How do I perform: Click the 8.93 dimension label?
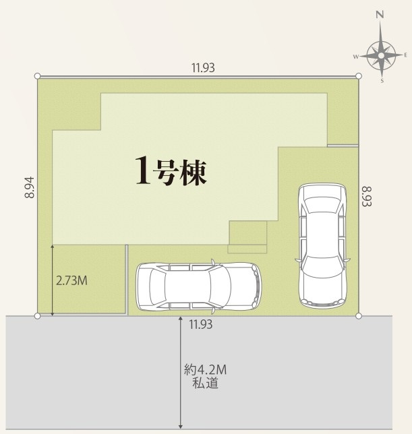367,197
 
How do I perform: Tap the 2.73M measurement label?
71,280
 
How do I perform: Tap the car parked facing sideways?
198,286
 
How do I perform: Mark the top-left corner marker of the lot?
38,75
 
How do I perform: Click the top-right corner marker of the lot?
359,75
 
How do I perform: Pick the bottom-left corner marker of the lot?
38,315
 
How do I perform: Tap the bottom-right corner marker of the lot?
359,315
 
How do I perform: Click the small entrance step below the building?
247,237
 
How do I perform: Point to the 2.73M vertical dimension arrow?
53,280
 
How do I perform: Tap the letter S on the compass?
382,81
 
